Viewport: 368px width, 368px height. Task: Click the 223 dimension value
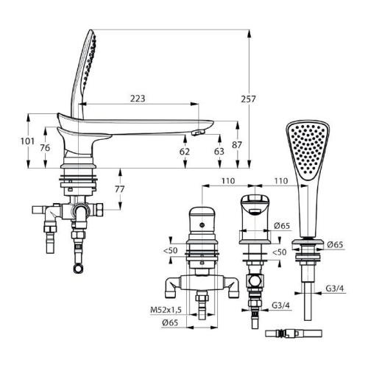138,99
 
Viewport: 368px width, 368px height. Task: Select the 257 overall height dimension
248,99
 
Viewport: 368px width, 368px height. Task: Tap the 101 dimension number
27,141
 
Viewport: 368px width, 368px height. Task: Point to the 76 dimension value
45,148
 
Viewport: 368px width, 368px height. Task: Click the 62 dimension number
185,152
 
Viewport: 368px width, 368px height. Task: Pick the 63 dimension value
219,152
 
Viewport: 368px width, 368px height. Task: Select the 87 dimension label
237,145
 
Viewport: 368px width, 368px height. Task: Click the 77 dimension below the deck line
120,189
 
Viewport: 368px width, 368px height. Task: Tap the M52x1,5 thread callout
166,310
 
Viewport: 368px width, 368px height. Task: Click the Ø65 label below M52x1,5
170,322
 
